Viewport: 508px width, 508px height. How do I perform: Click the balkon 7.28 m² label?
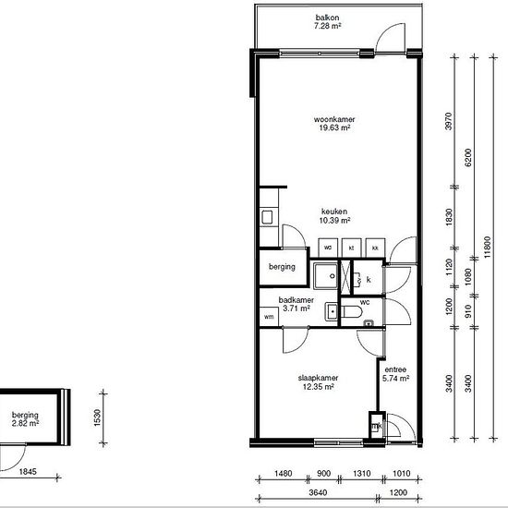[328, 22]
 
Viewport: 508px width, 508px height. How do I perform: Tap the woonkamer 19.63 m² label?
[334, 124]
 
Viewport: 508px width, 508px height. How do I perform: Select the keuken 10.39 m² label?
[334, 216]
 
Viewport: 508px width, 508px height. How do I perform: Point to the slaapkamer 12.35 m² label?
[318, 382]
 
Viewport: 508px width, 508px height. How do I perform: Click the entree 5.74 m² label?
[395, 374]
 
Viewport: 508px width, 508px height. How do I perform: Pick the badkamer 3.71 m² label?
[296, 304]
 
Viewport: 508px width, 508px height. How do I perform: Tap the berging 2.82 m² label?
[25, 419]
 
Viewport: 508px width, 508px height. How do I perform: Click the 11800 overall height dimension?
[488, 248]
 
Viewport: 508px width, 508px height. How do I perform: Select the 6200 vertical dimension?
[468, 158]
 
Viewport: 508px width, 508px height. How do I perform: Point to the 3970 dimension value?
[449, 121]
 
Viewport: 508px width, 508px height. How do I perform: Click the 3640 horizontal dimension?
[318, 493]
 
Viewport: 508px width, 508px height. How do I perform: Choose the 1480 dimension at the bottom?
[284, 474]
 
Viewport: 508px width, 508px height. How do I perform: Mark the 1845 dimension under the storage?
[28, 471]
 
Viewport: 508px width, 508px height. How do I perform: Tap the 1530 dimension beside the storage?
[98, 417]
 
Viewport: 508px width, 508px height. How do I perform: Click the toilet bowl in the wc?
[352, 312]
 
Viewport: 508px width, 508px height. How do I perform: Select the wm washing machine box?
[269, 317]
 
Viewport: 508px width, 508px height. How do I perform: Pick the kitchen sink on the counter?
[267, 217]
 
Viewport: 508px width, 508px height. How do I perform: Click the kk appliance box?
[375, 248]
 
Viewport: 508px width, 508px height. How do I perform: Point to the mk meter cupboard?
[376, 426]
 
